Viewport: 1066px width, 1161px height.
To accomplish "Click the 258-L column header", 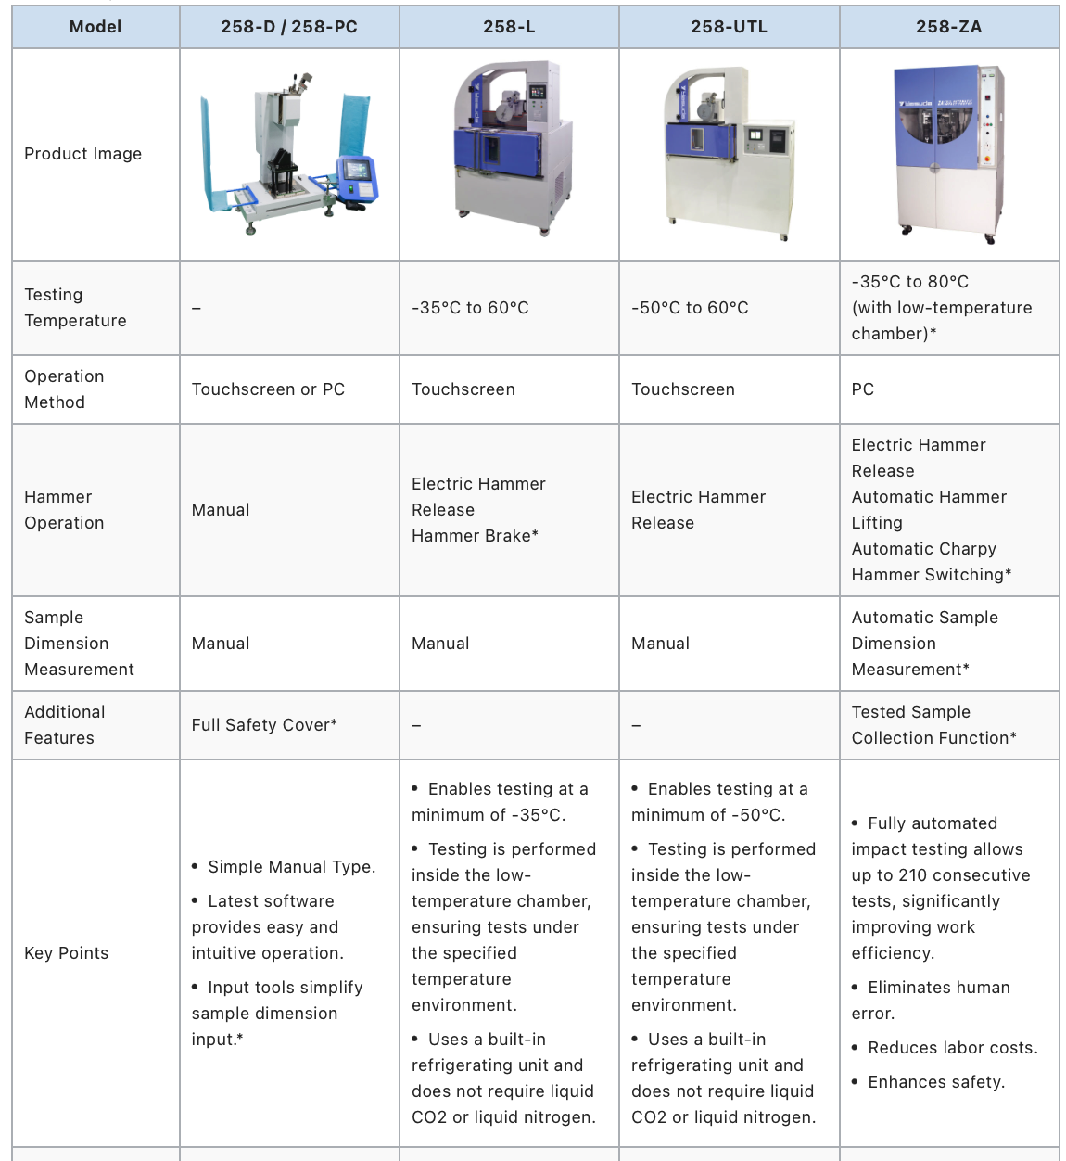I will (509, 27).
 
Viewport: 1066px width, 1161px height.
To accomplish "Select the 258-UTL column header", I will (729, 27).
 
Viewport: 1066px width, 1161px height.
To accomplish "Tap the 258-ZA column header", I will (948, 27).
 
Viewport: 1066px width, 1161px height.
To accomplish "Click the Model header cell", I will (95, 27).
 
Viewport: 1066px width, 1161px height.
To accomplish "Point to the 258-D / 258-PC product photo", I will (289, 153).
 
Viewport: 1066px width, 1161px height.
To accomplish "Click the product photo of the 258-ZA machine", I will (948, 153).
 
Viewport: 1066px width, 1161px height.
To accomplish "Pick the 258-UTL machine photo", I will (729, 153).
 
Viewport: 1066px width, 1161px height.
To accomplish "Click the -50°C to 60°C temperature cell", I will (690, 308).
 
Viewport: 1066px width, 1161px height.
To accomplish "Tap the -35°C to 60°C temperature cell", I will (470, 308).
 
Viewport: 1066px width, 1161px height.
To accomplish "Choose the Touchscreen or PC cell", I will (268, 389).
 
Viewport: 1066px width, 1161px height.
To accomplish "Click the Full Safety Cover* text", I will (264, 725).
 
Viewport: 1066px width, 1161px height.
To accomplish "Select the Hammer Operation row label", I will (64, 510).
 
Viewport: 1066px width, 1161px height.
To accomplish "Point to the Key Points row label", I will (66, 953).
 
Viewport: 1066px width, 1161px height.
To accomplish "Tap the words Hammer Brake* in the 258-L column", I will (475, 536).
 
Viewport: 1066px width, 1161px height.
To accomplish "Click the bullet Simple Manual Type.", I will (291, 867).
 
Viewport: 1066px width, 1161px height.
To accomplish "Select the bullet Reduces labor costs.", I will (952, 1048).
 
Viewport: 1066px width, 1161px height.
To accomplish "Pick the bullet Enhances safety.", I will (935, 1082).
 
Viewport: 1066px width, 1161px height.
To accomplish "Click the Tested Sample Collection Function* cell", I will (933, 725).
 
